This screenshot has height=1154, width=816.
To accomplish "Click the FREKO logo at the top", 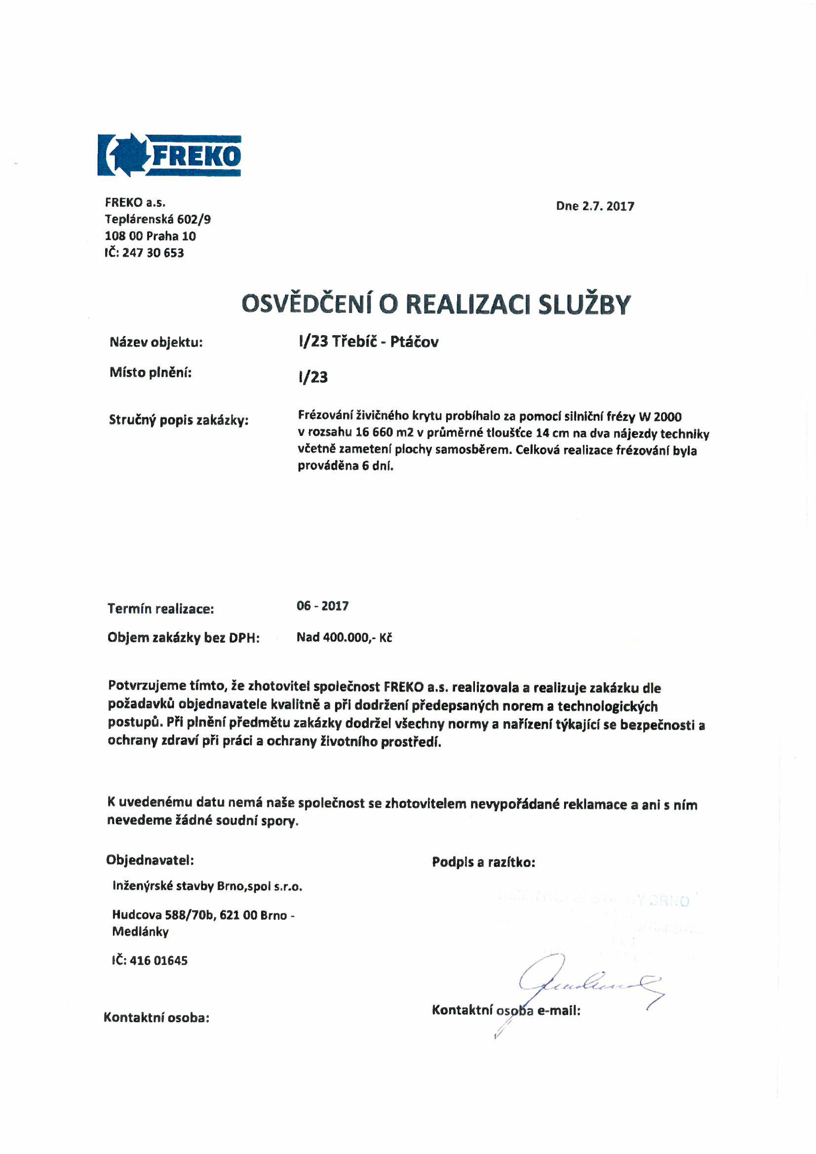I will point(169,155).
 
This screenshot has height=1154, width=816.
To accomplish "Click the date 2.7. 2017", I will point(608,206).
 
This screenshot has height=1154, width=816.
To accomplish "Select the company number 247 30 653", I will point(153,253).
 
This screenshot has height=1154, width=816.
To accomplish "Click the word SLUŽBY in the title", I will point(583,304).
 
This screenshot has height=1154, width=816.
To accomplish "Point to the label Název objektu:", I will point(156,343).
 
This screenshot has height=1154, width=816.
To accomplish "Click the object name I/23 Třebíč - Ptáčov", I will point(368,342).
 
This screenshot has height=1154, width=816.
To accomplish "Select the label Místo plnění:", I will point(151,373).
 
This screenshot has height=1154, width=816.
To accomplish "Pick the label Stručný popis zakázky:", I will point(179,420).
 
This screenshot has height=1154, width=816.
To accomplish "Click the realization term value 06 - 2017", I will point(322,606).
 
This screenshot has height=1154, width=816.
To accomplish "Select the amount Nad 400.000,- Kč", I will point(344,637).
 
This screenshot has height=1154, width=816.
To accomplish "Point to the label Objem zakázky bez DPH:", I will point(183,638).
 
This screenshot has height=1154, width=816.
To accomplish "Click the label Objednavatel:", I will point(150,860).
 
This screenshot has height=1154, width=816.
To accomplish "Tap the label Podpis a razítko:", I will point(483,862).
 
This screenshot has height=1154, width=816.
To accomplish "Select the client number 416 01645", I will point(158,961).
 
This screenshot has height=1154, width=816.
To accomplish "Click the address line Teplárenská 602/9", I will point(157,219).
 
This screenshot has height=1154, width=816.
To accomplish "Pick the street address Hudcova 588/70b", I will point(164,915).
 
